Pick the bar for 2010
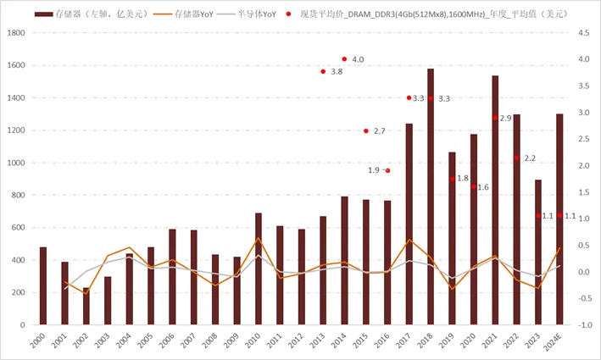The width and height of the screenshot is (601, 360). [259, 269]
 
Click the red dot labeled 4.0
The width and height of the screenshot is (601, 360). [344, 59]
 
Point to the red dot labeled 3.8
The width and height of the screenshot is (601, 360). [323, 71]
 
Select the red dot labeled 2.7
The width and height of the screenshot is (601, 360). [366, 131]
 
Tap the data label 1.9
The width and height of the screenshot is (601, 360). [373, 170]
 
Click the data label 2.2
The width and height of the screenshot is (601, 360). [530, 158]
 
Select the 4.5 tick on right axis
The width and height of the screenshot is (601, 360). [584, 33]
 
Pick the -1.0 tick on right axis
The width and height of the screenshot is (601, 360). [584, 325]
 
